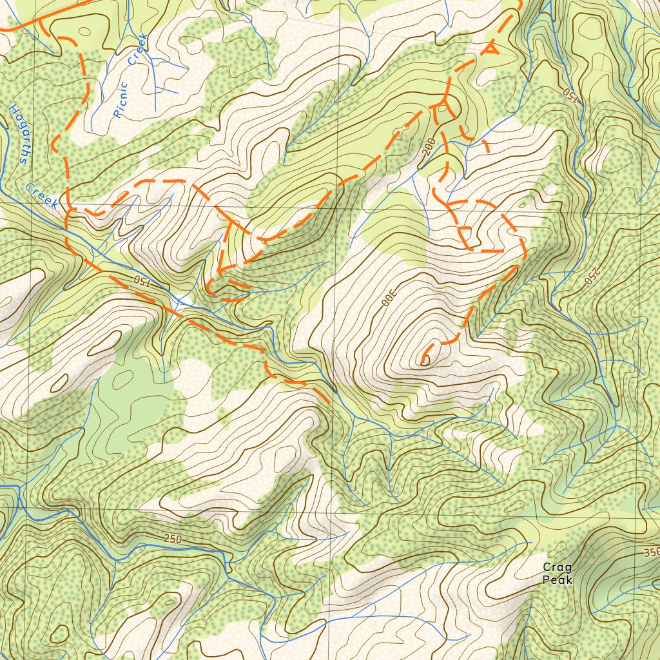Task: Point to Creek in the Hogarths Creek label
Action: (x=43, y=195)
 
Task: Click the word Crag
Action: (x=557, y=567)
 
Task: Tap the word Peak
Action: (x=557, y=579)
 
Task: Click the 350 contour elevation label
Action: (x=651, y=553)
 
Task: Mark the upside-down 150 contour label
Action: (x=570, y=92)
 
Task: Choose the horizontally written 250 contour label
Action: (x=173, y=539)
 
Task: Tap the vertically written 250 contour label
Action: (x=588, y=275)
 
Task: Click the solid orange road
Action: (x=19, y=26)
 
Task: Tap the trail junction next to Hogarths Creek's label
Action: (x=67, y=209)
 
